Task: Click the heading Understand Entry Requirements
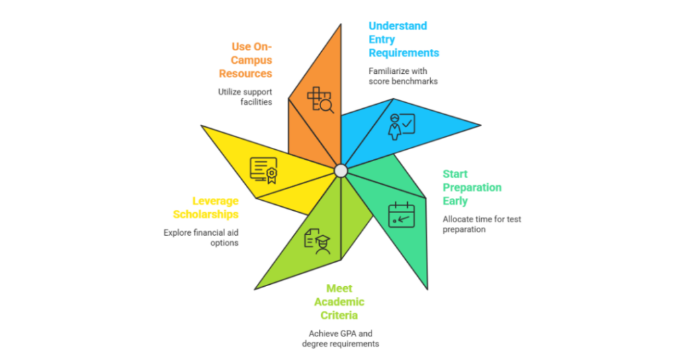[404, 40]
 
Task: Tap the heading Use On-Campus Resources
[246, 60]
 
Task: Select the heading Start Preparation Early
[472, 187]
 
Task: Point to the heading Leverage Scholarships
[206, 208]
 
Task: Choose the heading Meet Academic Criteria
[339, 302]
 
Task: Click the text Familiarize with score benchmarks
[403, 76]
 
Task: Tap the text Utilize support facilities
[245, 97]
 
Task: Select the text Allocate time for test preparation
[482, 224]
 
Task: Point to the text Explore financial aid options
[201, 238]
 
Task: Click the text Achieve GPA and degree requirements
[341, 339]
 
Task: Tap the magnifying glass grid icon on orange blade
[320, 99]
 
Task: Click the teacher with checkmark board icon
[402, 127]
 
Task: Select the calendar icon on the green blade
[402, 214]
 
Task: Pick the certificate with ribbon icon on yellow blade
[263, 171]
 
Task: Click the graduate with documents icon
[317, 241]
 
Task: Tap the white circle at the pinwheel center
[341, 171]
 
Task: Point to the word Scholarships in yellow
[206, 214]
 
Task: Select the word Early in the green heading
[455, 201]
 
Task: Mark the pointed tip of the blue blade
[481, 126]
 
